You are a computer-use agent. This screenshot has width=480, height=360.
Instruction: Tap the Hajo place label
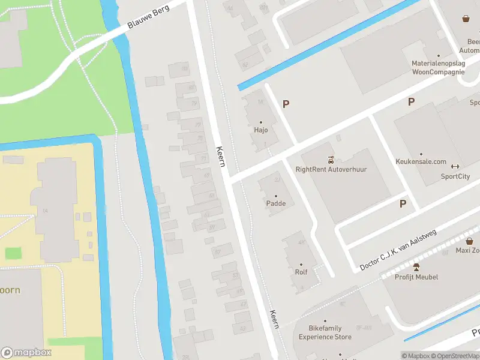tap(261, 130)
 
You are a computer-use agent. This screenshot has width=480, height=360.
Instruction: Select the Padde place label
tap(276, 203)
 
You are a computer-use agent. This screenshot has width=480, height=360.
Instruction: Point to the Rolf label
tap(301, 272)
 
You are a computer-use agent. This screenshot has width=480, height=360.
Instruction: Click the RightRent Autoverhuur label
tap(331, 169)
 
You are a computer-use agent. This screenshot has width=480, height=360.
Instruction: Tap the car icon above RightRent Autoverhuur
tap(331, 160)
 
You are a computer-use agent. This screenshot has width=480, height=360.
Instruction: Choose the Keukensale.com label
tap(421, 162)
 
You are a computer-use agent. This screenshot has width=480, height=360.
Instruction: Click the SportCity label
tap(455, 176)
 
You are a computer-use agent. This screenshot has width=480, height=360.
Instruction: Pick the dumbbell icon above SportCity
tap(455, 167)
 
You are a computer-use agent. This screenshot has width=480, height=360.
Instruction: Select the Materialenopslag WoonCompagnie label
tap(438, 67)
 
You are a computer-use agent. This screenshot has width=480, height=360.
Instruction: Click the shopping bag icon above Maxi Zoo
tap(469, 241)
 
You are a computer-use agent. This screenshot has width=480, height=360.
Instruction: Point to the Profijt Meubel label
tap(416, 277)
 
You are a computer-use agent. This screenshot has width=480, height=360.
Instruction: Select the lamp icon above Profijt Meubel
tap(416, 267)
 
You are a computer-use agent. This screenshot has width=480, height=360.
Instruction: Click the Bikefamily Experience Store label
tap(326, 333)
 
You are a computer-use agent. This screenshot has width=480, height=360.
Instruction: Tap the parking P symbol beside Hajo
tap(286, 104)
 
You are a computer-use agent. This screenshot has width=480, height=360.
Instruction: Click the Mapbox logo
tap(26, 353)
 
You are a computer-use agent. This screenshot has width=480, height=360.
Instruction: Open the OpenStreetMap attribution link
tap(454, 356)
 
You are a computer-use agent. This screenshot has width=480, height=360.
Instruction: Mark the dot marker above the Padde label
tap(276, 196)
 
